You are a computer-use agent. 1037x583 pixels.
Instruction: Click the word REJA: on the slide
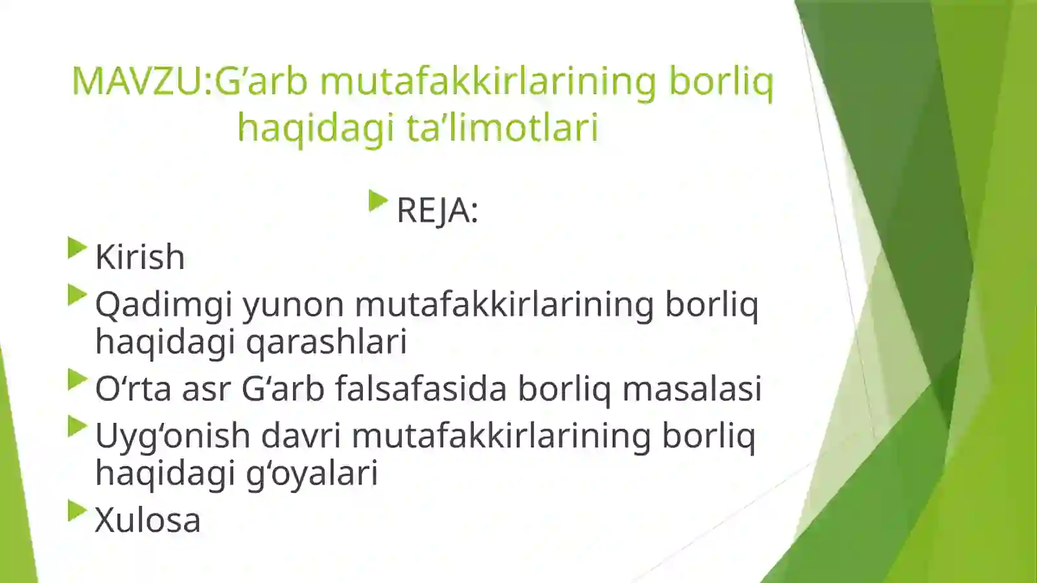[437, 211]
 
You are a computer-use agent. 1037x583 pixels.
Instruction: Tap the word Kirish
[140, 257]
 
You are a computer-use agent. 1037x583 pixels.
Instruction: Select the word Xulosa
[148, 520]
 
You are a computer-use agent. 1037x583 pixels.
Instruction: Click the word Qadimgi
[164, 305]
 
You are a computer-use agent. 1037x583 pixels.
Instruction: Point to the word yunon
[294, 305]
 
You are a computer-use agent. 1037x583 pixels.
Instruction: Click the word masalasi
[692, 389]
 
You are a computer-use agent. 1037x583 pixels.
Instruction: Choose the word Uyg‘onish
[172, 436]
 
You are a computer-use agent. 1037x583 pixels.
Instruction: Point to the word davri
[301, 436]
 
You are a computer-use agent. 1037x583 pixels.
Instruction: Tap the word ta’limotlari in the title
[502, 127]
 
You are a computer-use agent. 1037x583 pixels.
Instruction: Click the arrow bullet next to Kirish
[76, 248]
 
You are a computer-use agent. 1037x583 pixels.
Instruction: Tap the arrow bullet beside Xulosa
[76, 510]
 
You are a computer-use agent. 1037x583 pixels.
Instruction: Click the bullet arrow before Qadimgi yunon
[76, 295]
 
